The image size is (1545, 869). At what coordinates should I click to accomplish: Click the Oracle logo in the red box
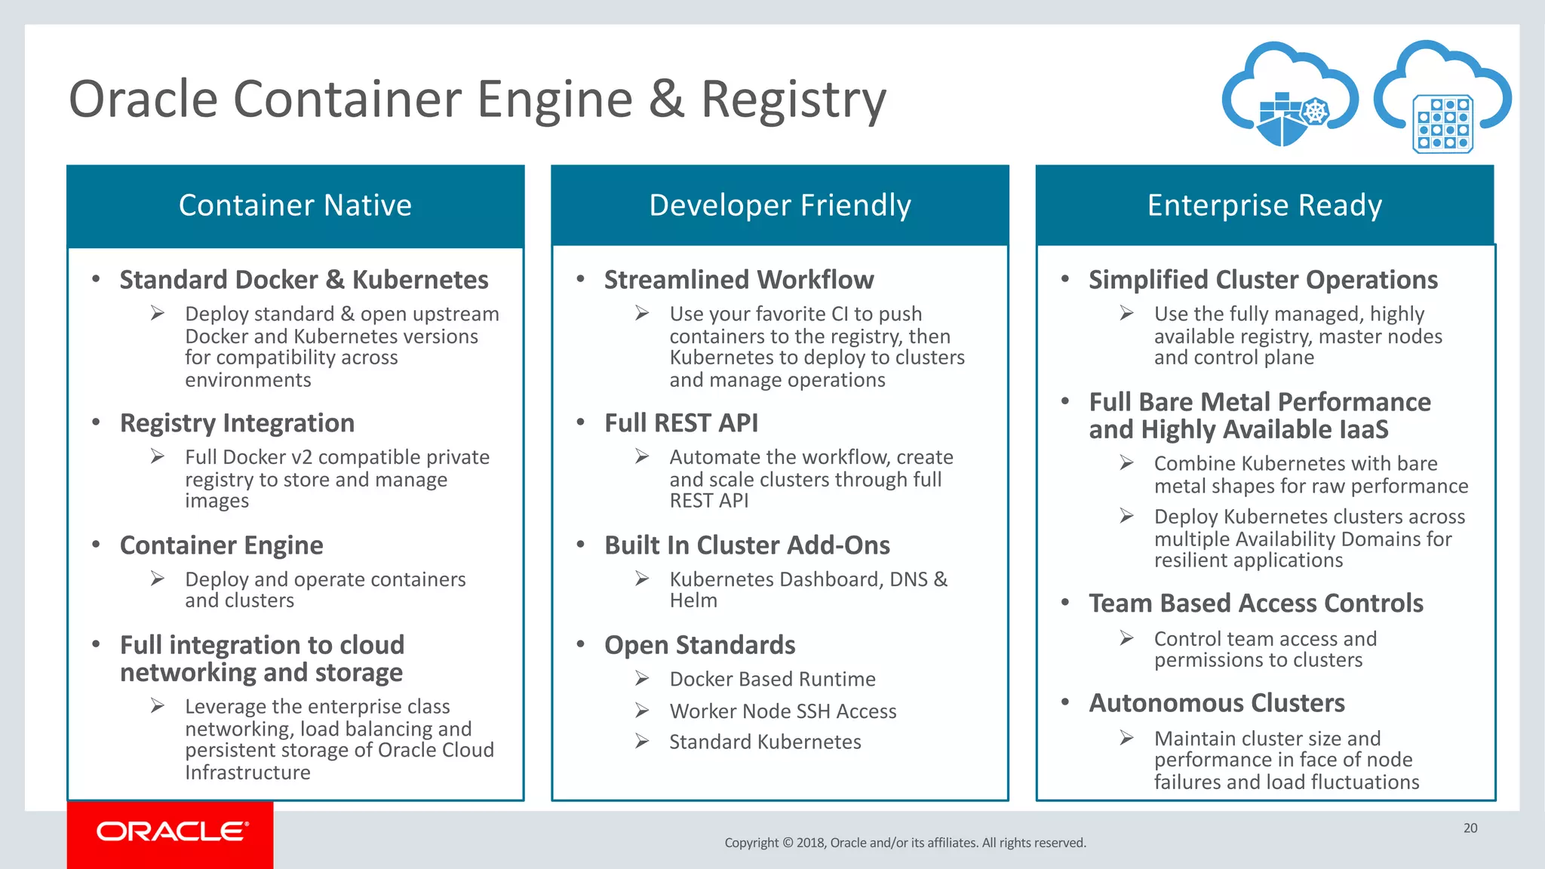tap(172, 831)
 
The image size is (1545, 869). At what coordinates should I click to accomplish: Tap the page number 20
tap(1470, 828)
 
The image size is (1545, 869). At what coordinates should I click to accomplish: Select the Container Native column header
tap(295, 205)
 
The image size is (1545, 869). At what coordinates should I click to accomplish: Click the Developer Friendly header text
tap(779, 205)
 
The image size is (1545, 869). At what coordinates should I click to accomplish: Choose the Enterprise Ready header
tap(1264, 205)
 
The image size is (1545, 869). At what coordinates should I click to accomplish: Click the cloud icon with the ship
tap(1289, 97)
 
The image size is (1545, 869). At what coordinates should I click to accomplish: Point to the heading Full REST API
tap(681, 423)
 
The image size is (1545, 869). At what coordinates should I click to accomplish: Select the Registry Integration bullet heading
tap(237, 423)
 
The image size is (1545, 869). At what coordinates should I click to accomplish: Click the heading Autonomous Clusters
tap(1216, 703)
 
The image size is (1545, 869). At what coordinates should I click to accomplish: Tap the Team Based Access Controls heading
tap(1255, 603)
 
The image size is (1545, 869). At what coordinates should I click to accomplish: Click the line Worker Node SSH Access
tap(782, 711)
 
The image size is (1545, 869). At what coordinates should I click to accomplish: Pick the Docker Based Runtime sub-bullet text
tap(772, 679)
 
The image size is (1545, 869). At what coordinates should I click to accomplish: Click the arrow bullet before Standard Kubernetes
tap(642, 742)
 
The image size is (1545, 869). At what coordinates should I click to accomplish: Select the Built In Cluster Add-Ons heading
tap(747, 545)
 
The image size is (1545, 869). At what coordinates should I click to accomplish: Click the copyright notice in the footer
tap(905, 843)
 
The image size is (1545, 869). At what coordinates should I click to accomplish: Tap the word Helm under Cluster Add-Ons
tap(693, 600)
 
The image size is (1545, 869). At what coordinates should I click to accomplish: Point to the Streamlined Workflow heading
tap(739, 280)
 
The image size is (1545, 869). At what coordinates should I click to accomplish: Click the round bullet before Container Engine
tap(96, 545)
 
